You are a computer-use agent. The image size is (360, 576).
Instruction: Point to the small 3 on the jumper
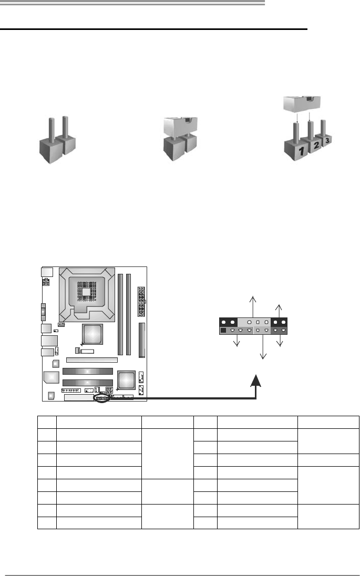click(x=328, y=140)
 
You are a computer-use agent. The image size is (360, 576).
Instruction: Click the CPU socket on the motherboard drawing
click(x=86, y=293)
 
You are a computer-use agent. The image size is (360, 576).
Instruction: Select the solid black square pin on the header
click(x=223, y=331)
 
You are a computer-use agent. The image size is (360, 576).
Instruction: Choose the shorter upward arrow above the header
click(x=280, y=311)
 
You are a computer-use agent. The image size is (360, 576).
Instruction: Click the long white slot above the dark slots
click(x=92, y=361)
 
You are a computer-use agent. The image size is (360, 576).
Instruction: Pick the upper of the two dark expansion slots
click(x=88, y=371)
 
